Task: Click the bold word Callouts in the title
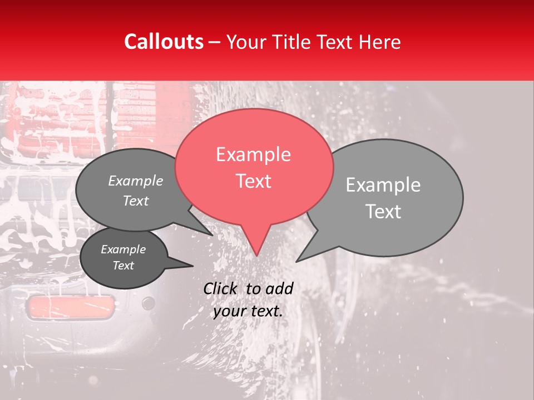click(x=164, y=42)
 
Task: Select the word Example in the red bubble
click(x=253, y=154)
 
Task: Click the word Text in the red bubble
click(x=253, y=181)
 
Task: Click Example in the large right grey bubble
click(x=383, y=185)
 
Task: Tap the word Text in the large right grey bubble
click(x=383, y=212)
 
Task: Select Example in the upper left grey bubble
click(x=135, y=181)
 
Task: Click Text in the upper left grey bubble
click(x=135, y=201)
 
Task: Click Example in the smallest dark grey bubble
click(x=123, y=249)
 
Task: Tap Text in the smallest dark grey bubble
click(x=123, y=266)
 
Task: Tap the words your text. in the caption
click(x=248, y=311)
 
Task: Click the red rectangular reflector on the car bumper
click(x=71, y=306)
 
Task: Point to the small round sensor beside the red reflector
click(x=148, y=303)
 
